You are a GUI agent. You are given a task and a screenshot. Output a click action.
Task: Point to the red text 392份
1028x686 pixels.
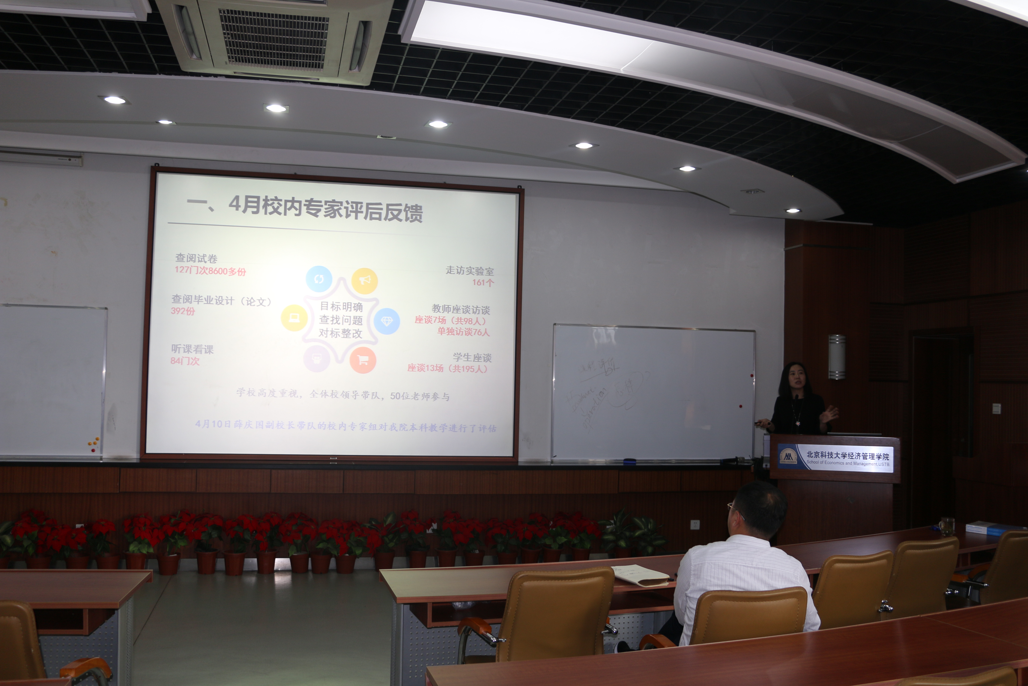[183, 311]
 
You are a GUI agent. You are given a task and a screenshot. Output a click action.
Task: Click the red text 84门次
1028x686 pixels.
[185, 361]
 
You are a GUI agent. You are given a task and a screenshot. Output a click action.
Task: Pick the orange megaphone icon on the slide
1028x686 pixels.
[364, 280]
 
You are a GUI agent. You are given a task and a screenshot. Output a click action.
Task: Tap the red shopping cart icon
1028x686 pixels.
[363, 360]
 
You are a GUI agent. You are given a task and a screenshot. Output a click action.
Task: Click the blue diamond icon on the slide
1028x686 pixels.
[387, 321]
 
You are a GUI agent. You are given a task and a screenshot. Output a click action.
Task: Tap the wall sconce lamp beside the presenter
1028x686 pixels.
[837, 357]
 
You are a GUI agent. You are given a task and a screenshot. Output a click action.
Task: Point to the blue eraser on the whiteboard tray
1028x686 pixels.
[629, 461]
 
